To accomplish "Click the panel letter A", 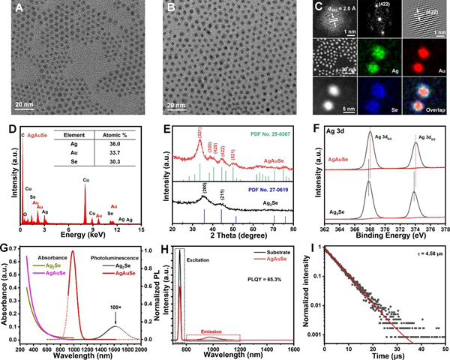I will click(11, 9).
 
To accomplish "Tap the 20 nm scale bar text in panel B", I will click(177, 105).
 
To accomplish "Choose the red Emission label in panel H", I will click(215, 327).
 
